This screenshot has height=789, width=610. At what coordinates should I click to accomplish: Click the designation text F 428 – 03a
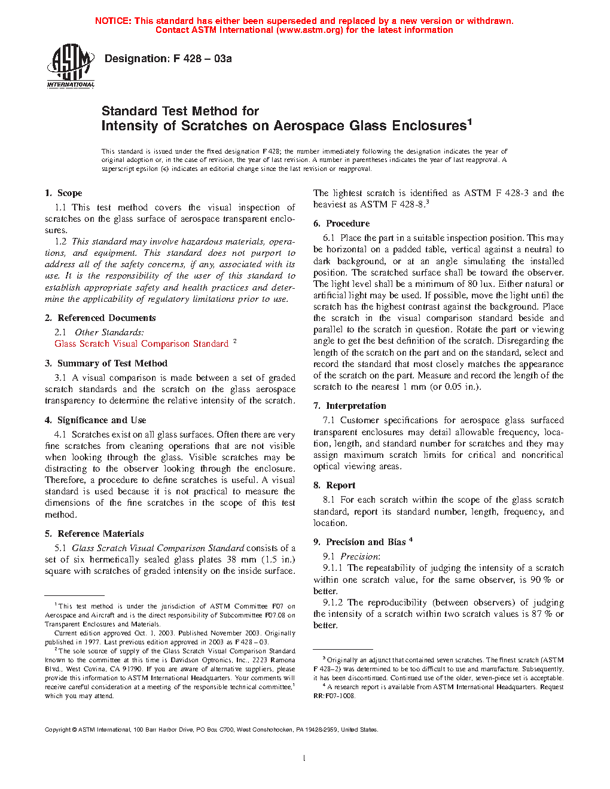point(168,59)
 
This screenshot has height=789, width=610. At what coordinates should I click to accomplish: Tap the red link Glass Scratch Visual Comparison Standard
point(141,344)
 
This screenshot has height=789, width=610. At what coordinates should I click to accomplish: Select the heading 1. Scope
point(63,193)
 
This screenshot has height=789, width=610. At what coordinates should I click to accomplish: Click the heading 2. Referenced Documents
point(100,318)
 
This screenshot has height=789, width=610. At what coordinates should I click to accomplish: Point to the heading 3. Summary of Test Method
point(106,363)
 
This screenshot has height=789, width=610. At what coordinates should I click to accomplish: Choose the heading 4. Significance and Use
point(95,420)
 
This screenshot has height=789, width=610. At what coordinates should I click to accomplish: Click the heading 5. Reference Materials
point(94,534)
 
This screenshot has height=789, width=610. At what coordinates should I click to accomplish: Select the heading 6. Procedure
point(341,224)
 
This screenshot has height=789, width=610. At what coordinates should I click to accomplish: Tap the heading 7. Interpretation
point(350,406)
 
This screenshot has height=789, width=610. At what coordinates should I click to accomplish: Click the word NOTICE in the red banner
point(113,21)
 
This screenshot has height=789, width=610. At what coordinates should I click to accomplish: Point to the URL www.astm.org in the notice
point(309,30)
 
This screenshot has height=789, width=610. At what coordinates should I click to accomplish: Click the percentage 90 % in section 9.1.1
point(541,580)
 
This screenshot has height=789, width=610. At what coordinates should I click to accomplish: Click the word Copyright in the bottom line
point(58,730)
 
